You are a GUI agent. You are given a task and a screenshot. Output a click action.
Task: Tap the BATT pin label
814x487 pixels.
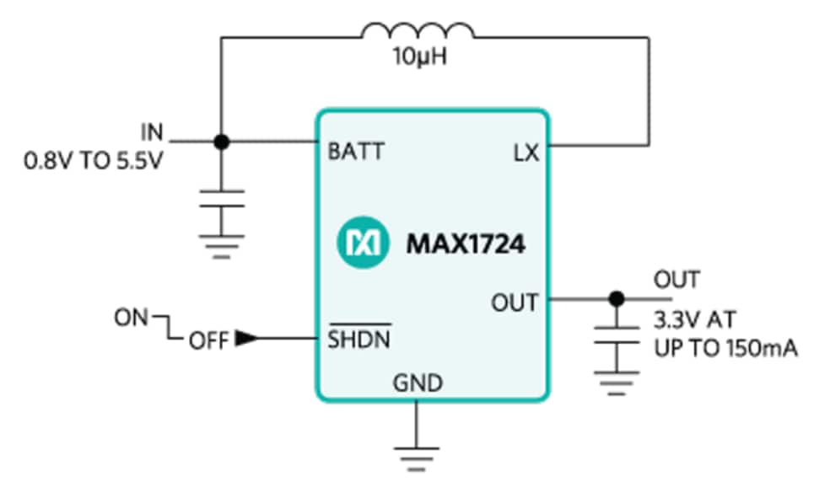(x=355, y=152)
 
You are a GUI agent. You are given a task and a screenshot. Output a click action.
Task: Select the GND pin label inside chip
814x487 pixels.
(x=418, y=383)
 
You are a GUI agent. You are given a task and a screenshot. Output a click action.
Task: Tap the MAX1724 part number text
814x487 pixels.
(x=466, y=244)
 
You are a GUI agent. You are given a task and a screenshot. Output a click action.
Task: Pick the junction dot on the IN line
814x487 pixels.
(x=221, y=142)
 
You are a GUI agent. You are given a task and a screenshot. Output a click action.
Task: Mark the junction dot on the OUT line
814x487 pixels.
(x=617, y=298)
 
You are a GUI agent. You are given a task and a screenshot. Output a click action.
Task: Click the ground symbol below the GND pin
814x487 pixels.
(x=417, y=455)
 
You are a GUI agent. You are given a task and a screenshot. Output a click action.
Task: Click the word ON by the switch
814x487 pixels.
(x=132, y=318)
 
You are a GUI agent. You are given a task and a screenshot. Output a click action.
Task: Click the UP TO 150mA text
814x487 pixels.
(x=725, y=347)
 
